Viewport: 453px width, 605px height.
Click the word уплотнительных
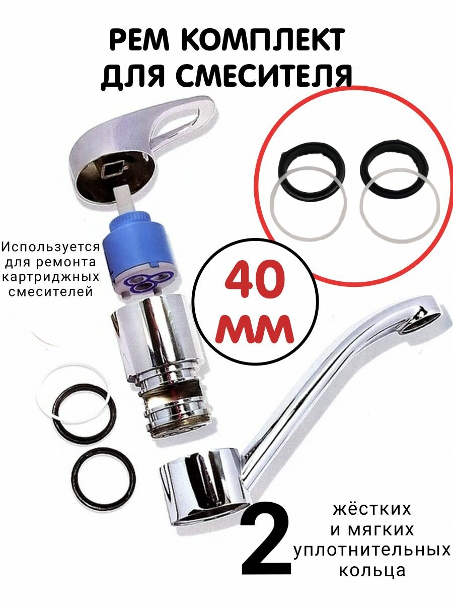372,551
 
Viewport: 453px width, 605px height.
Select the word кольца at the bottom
372,571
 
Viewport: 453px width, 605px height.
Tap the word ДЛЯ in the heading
132,77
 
